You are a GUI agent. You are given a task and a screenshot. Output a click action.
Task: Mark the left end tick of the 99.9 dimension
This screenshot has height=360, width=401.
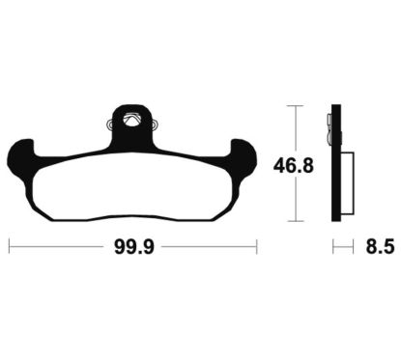[10, 248]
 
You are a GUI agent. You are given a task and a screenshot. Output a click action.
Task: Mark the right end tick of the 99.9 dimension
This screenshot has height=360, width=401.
[256, 248]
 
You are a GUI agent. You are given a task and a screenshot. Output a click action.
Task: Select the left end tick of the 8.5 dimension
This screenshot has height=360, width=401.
[333, 248]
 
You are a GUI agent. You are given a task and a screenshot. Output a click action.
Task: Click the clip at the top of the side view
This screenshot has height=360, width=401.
[330, 124]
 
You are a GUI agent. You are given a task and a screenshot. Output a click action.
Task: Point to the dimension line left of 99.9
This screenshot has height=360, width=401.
[58, 248]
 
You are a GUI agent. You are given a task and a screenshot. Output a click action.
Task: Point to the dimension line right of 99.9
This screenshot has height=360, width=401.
[208, 248]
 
